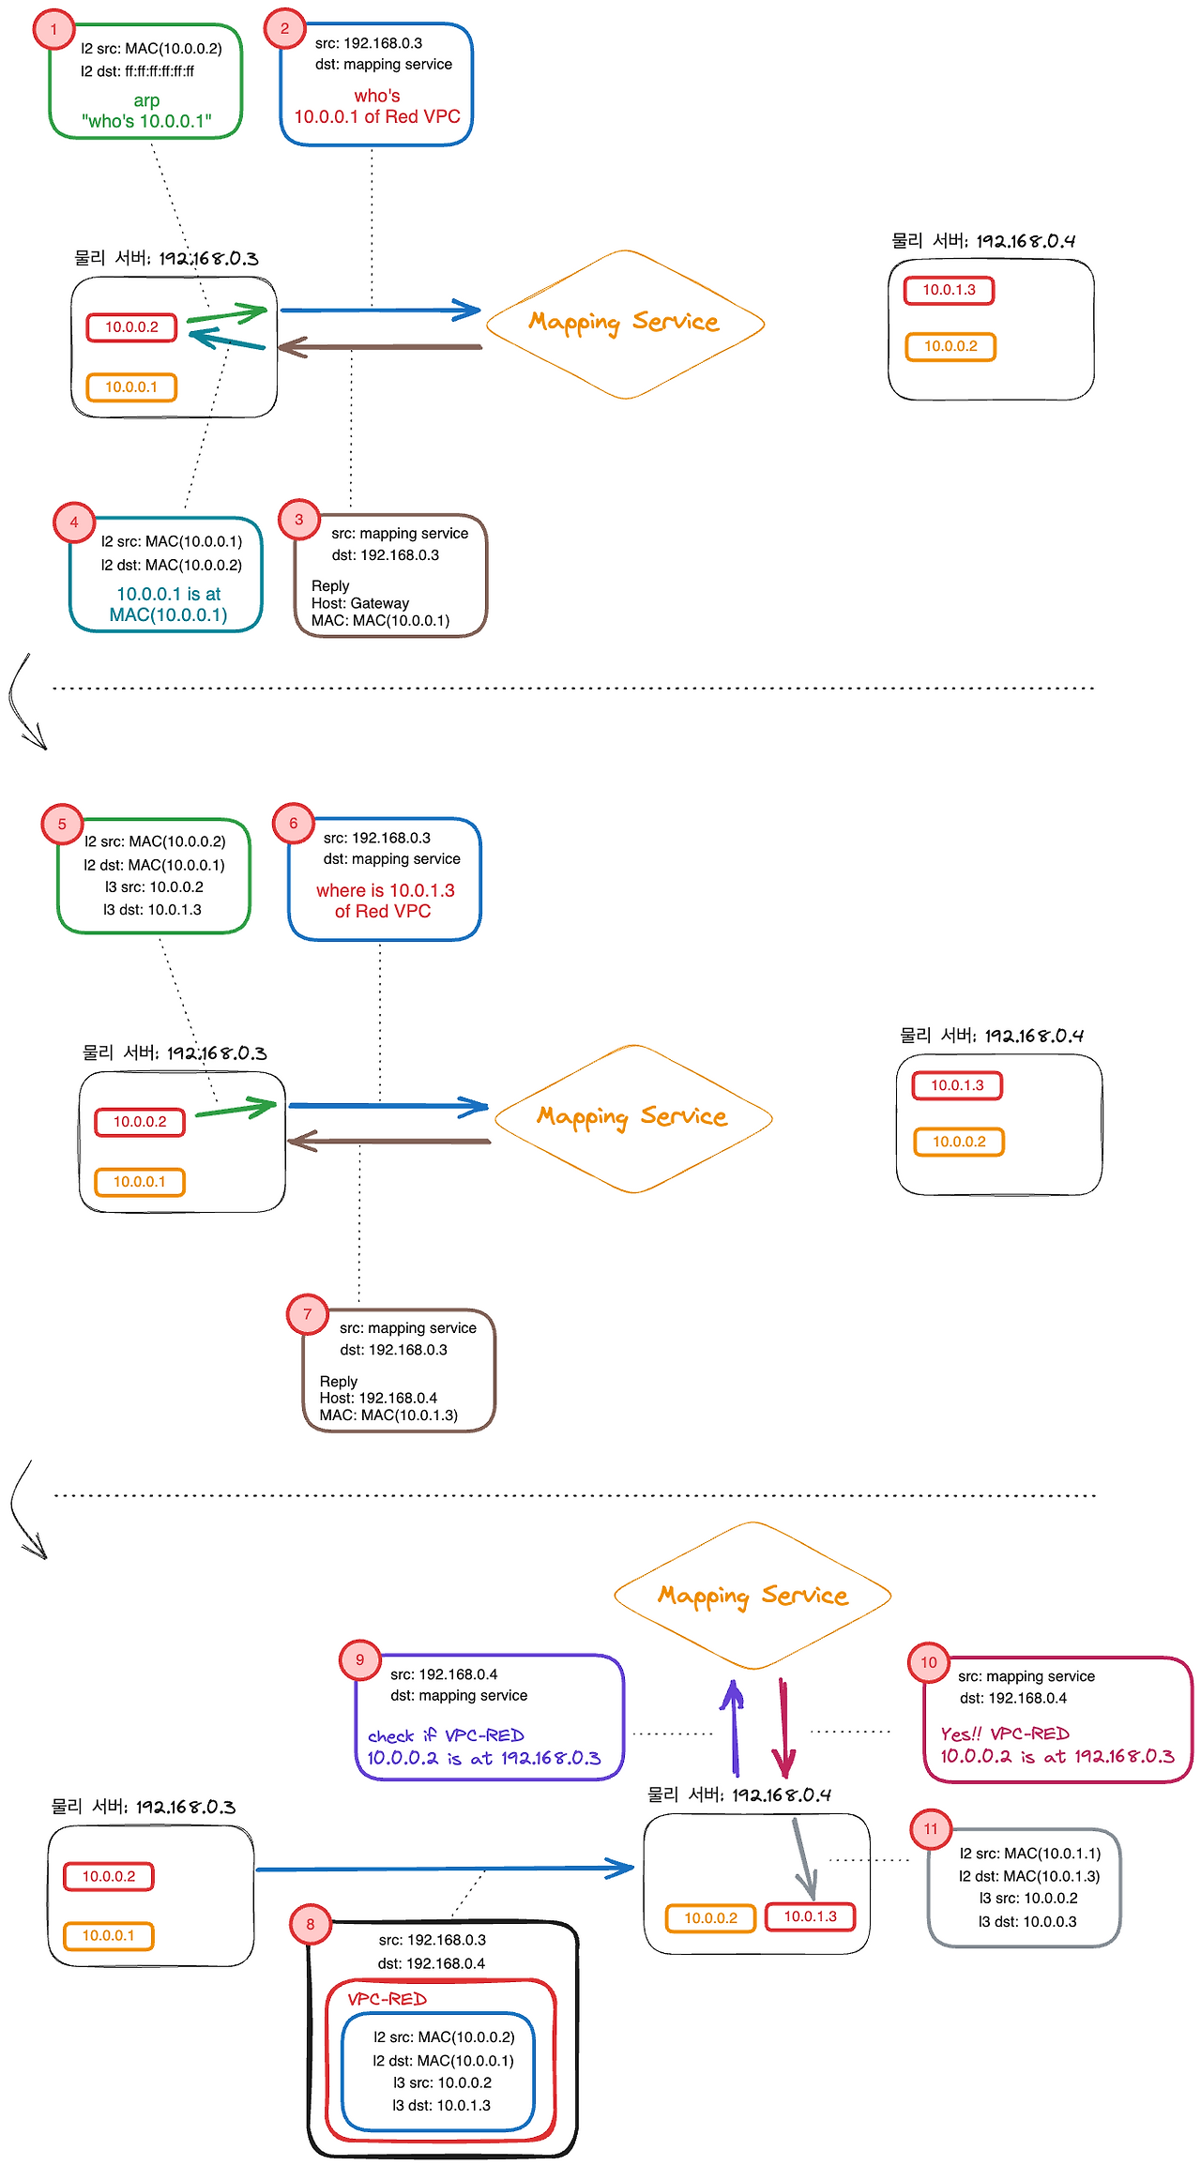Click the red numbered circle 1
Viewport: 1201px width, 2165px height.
[53, 29]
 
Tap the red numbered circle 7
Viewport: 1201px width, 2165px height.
[307, 1314]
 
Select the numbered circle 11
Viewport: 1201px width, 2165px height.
[931, 1828]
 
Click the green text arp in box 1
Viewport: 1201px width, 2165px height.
[146, 100]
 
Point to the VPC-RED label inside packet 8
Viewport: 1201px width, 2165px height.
[387, 1999]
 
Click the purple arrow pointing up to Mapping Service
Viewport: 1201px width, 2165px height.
[734, 1727]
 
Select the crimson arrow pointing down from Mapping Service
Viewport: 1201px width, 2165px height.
[784, 1727]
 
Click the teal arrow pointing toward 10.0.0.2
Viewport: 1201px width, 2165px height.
[227, 340]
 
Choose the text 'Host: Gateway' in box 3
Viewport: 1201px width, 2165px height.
[360, 603]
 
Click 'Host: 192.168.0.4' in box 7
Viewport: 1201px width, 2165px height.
[378, 1398]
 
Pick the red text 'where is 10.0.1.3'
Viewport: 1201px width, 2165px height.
[385, 890]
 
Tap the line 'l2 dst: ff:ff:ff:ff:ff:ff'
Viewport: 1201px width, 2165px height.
[137, 71]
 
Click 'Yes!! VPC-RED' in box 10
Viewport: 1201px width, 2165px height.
[1005, 1734]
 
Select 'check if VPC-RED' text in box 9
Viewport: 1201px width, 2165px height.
[446, 1735]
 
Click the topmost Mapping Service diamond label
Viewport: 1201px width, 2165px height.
[624, 322]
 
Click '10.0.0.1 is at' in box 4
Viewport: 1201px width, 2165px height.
[168, 594]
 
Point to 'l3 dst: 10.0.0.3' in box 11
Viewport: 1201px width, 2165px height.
[1027, 1921]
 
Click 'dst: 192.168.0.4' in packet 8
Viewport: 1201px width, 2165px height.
[432, 1963]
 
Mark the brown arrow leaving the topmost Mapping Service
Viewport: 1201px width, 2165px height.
[380, 347]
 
